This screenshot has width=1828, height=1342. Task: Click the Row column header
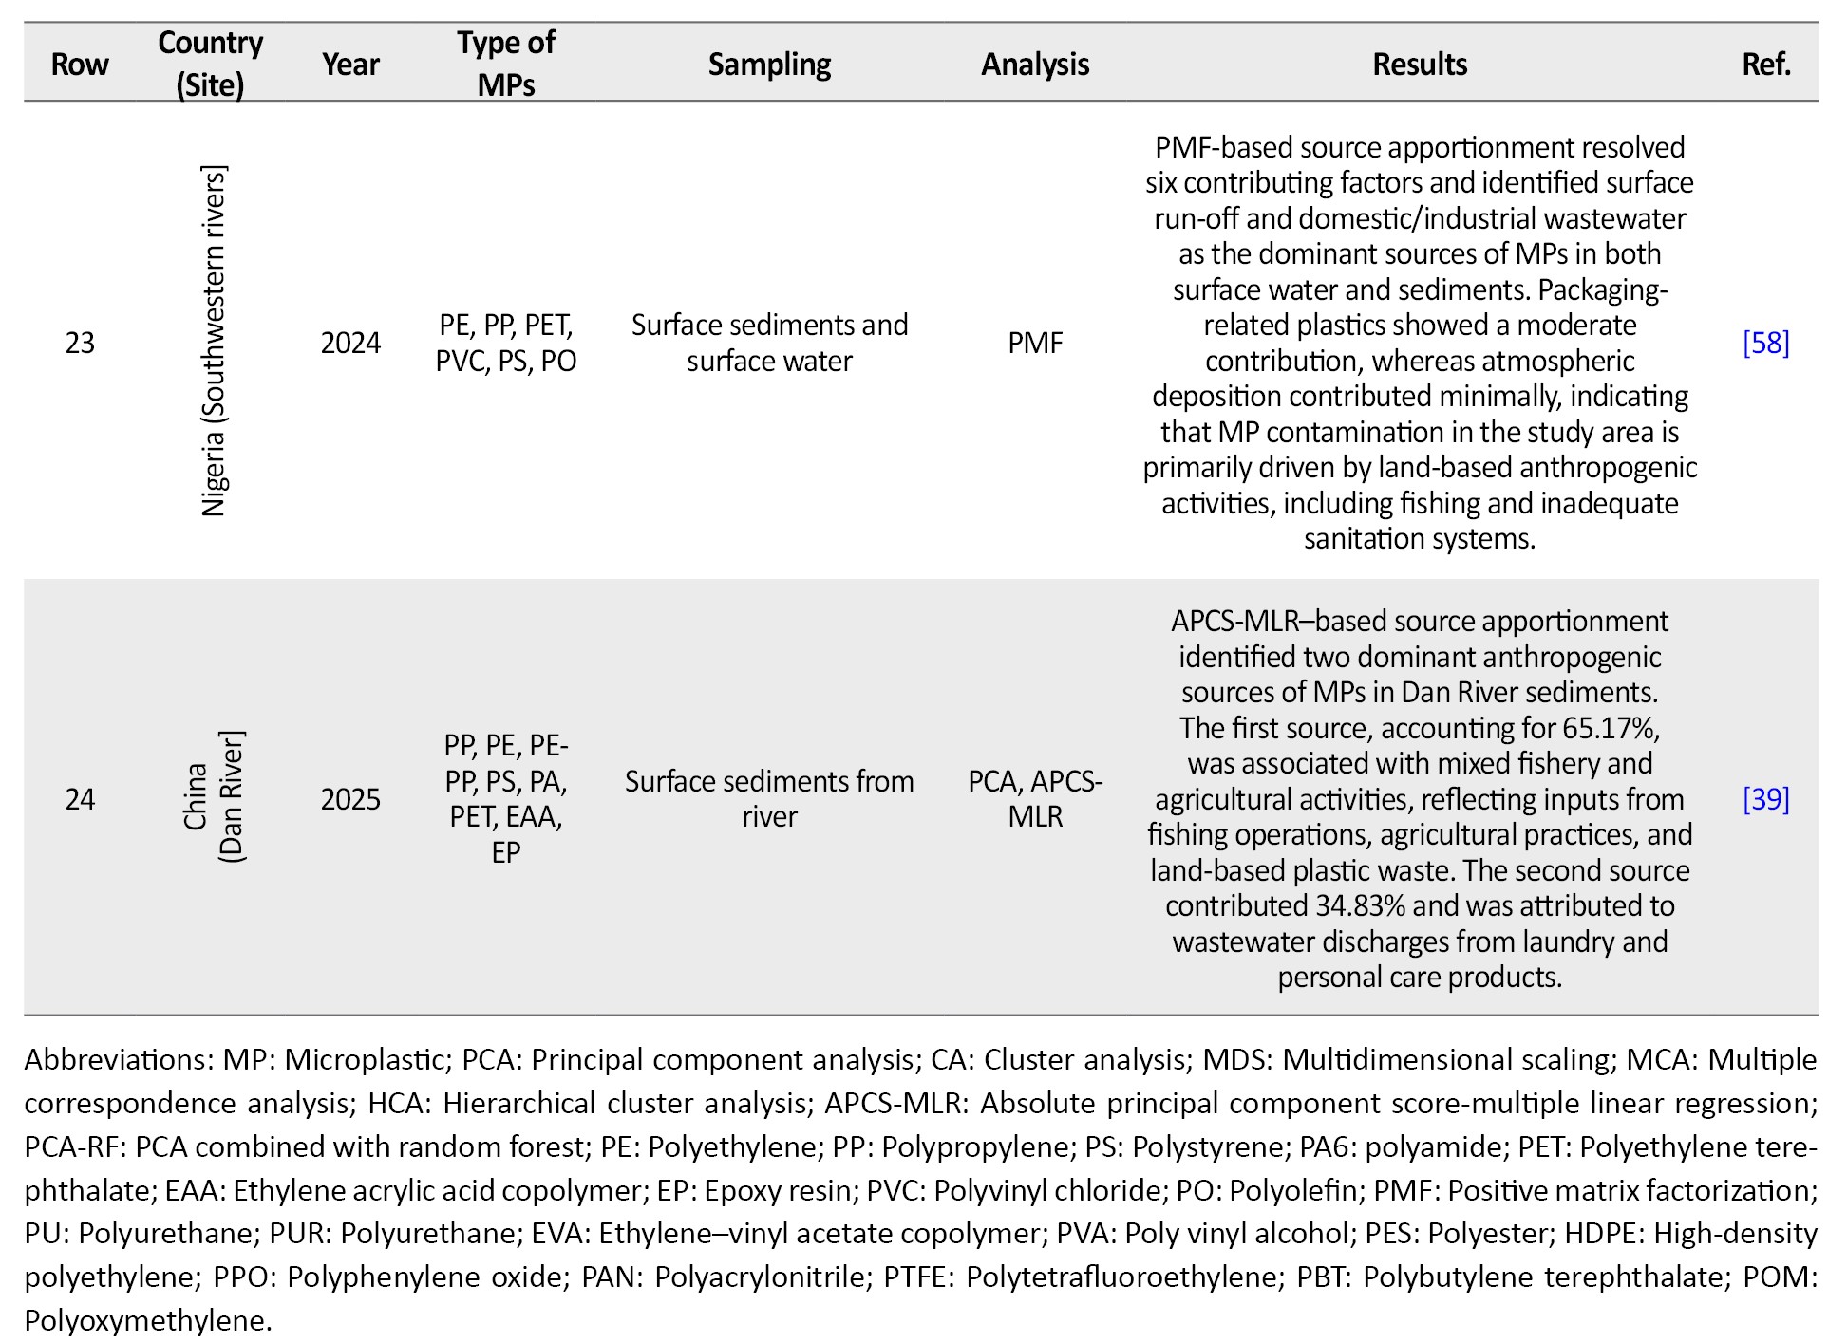pyautogui.click(x=80, y=65)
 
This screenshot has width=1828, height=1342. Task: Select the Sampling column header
pyautogui.click(x=769, y=65)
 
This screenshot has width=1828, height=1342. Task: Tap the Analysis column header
pyautogui.click(x=1035, y=65)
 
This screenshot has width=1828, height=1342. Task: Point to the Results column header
pyautogui.click(x=1420, y=65)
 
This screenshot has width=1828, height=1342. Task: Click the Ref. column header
pyautogui.click(x=1766, y=65)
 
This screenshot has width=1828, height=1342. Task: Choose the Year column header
pyautogui.click(x=350, y=65)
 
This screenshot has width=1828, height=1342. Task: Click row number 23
pyautogui.click(x=80, y=343)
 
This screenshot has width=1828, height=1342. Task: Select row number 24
pyautogui.click(x=80, y=799)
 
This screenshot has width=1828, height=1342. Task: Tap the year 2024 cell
pyautogui.click(x=350, y=343)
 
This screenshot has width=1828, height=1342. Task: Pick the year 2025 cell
pyautogui.click(x=350, y=799)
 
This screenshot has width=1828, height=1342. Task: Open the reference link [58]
pyautogui.click(x=1766, y=343)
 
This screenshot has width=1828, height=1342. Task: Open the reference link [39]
pyautogui.click(x=1766, y=799)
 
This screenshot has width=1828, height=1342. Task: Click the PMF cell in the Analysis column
pyautogui.click(x=1035, y=343)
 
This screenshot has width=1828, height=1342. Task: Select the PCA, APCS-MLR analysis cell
pyautogui.click(x=1035, y=799)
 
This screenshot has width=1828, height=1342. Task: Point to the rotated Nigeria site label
pyautogui.click(x=213, y=342)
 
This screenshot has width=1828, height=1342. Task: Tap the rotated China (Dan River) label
pyautogui.click(x=213, y=797)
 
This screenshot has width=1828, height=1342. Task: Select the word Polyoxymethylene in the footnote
pyautogui.click(x=148, y=1320)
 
